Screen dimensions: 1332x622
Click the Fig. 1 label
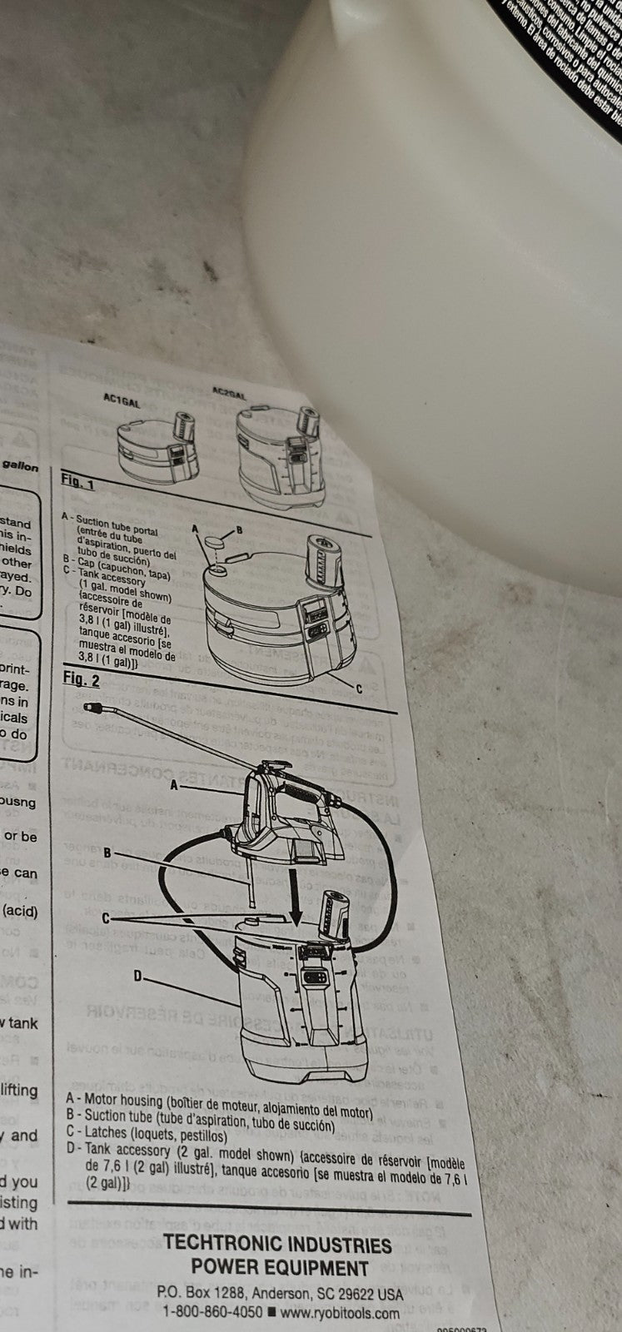77,482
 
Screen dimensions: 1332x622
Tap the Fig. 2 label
82,679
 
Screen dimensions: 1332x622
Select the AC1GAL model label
121,399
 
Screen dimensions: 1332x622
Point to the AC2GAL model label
229,390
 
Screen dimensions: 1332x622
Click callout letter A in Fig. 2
175,784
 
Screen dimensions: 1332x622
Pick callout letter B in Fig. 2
108,852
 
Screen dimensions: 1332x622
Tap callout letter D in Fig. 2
138,975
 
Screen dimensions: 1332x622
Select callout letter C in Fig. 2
107,917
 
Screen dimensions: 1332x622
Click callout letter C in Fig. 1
359,688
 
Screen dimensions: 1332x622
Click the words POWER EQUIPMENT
280,1269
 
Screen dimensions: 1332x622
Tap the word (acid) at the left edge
19,912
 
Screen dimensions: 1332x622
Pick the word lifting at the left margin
19,1091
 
